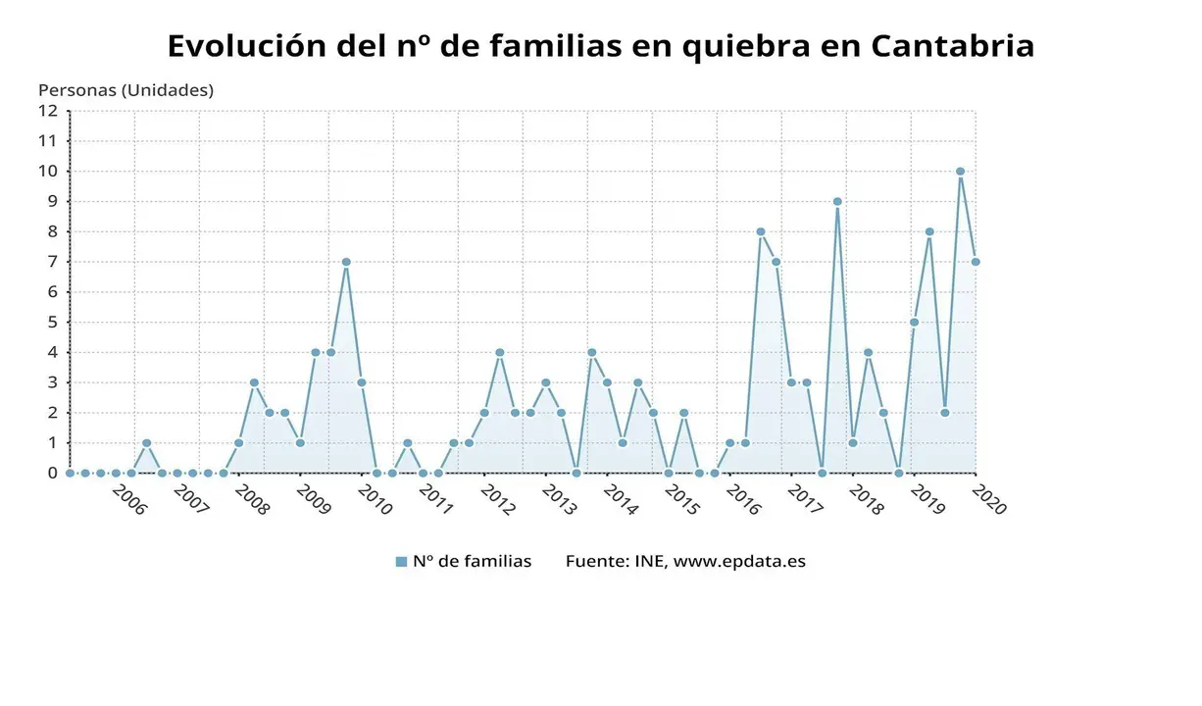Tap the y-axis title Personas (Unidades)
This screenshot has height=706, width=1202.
125,90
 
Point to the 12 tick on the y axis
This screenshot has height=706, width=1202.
49,111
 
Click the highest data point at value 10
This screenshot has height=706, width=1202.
960,172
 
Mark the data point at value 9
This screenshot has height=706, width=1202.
837,202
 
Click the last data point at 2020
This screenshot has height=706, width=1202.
976,262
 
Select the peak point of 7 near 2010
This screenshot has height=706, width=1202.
346,262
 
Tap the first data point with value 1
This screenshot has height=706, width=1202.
146,443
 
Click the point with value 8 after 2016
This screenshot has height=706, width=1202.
760,232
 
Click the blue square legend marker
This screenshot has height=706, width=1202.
401,562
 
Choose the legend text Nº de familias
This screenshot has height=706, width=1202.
472,562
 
